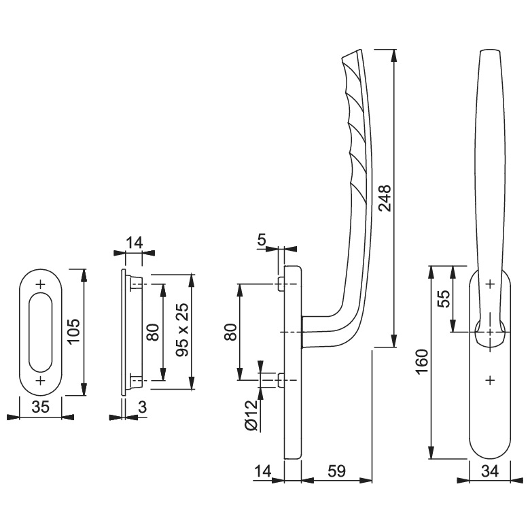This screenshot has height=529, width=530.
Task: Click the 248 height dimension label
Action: [x=385, y=199]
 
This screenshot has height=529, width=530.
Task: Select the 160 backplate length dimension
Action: [x=423, y=362]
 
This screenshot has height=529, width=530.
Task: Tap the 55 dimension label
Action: [x=446, y=298]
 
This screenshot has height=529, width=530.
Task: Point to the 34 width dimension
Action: [x=490, y=471]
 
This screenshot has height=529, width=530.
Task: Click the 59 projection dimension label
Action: [x=336, y=471]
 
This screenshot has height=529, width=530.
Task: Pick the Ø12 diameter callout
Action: [x=253, y=415]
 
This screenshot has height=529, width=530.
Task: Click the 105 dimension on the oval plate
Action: [x=73, y=331]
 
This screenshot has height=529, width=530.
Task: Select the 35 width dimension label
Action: [x=41, y=407]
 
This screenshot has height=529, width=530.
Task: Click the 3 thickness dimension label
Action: [x=143, y=407]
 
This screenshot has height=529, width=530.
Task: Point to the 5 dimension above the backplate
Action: [x=262, y=239]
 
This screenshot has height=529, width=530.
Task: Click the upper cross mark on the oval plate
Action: [x=41, y=284]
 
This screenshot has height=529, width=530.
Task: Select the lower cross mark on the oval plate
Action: [x=41, y=381]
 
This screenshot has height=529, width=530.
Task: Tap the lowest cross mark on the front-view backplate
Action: [x=490, y=381]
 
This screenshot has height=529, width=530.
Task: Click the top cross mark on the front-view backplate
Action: [x=490, y=284]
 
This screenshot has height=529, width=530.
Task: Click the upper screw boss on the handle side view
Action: [x=281, y=284]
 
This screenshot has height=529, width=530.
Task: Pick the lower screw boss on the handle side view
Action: [x=281, y=380]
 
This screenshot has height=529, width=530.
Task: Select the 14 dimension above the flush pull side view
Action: [x=134, y=243]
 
